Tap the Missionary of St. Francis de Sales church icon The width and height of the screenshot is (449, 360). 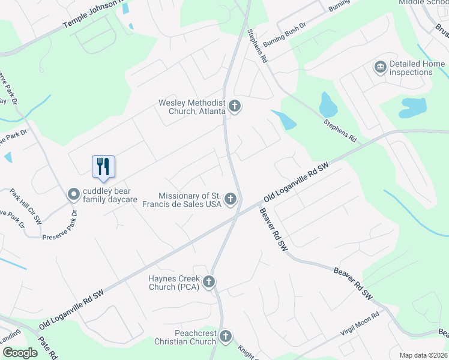pyautogui.click(x=231, y=200)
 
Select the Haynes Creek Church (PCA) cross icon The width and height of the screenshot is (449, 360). pyautogui.click(x=209, y=282)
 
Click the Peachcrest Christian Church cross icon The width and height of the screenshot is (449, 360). pyautogui.click(x=226, y=337)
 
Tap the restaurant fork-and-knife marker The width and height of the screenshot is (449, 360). pyautogui.click(x=103, y=166)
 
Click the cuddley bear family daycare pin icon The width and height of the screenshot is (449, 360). pyautogui.click(x=74, y=194)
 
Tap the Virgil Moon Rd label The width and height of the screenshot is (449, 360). pyautogui.click(x=360, y=324)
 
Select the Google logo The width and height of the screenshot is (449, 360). pyautogui.click(x=20, y=353)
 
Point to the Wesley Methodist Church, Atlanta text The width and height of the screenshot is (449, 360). pyautogui.click(x=191, y=107)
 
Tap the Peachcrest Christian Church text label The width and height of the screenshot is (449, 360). pyautogui.click(x=186, y=337)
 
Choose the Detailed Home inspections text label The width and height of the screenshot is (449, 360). pyautogui.click(x=417, y=68)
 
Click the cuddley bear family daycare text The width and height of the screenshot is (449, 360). pyautogui.click(x=110, y=194)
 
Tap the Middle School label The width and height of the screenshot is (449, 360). pyautogui.click(x=424, y=2)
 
